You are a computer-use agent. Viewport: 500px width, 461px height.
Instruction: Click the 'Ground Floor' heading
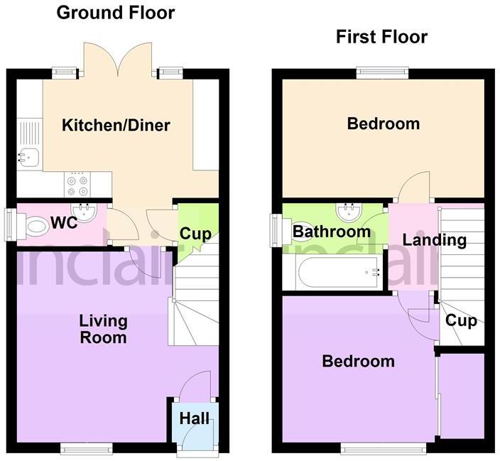point(115,12)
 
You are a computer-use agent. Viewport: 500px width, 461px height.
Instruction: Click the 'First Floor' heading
point(382,36)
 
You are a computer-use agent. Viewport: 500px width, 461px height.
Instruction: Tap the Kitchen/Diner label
point(116,126)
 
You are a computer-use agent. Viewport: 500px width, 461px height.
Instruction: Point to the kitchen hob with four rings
point(77,185)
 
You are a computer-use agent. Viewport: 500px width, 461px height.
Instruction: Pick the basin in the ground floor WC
point(87,210)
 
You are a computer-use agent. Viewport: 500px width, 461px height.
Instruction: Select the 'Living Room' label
point(103,329)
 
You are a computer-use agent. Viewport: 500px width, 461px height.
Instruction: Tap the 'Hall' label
point(194,418)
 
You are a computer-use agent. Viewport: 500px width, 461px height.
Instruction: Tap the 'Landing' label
point(434,239)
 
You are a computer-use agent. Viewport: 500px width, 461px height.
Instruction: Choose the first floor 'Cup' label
point(460,320)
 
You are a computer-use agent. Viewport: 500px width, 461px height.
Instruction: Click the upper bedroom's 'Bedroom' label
point(383,124)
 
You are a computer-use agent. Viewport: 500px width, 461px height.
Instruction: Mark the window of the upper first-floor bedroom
point(383,72)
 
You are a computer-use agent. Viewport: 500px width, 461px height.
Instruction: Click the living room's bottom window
point(86,447)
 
